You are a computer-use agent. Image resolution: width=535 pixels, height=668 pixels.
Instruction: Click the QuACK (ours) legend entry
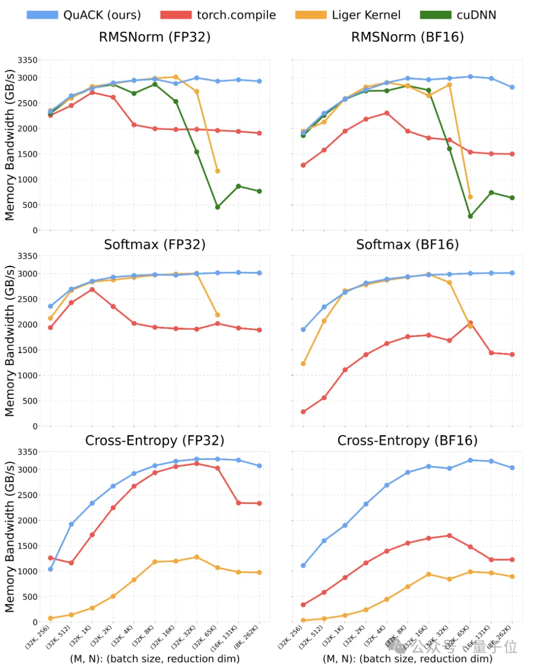pos(84,15)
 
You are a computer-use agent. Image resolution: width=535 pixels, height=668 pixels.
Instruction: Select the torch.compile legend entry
pos(218,15)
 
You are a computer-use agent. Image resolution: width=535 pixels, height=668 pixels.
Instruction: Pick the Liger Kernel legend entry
pos(348,15)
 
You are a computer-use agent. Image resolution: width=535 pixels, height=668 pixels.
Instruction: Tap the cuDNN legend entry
pos(458,15)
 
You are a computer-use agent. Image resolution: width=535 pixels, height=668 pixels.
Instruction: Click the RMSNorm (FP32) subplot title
pos(155,37)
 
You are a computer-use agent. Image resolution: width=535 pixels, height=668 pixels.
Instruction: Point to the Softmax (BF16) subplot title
pos(407,244)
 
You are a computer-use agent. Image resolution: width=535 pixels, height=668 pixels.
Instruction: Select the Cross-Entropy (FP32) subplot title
pos(155,441)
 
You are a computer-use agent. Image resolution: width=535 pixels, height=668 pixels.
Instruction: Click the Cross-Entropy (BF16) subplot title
pos(407,441)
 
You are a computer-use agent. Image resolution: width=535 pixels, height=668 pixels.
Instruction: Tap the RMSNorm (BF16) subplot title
pos(407,37)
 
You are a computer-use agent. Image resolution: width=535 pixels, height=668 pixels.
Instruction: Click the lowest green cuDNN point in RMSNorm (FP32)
pos(217,207)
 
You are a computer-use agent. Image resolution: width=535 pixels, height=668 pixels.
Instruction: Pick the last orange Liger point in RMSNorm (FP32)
pos(217,171)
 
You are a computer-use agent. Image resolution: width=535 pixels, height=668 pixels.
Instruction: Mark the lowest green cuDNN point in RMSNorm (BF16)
pos(470,217)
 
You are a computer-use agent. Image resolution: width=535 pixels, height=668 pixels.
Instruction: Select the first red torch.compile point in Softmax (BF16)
pos(303,412)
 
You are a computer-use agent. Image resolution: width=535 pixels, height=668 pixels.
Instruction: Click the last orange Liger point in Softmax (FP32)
pos(217,315)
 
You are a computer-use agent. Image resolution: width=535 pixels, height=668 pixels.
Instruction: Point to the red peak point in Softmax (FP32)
pos(92,289)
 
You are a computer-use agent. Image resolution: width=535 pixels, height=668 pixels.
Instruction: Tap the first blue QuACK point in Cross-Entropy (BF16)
pos(303,565)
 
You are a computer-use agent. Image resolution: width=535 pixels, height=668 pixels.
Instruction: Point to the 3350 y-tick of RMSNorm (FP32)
pos(27,60)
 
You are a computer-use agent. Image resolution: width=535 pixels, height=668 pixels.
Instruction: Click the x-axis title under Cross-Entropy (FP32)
pos(155,659)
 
